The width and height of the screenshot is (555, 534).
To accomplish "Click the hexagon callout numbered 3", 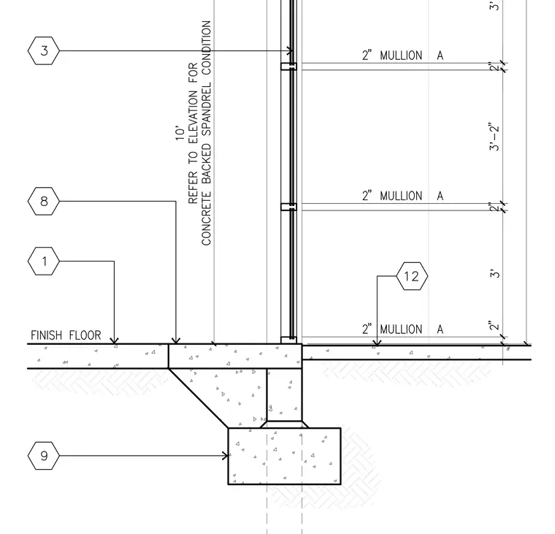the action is click(x=44, y=50).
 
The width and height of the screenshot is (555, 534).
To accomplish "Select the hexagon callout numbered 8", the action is click(x=44, y=201).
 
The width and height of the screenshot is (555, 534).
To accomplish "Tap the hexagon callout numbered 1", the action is click(x=44, y=262).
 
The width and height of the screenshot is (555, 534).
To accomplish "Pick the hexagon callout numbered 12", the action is click(x=412, y=276).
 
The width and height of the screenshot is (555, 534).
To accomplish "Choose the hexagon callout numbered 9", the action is click(x=44, y=456).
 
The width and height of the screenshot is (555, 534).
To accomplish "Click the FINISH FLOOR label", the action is click(x=66, y=335).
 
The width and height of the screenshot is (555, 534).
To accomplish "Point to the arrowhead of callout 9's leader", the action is click(x=225, y=456).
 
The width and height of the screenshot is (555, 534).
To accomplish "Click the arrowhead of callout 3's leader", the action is click(x=289, y=50).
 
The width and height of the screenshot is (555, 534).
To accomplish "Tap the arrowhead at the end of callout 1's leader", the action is click(x=114, y=340).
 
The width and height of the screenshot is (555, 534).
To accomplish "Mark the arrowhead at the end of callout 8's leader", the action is click(x=176, y=340).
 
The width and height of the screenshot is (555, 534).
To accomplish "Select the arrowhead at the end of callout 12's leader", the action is click(x=377, y=342).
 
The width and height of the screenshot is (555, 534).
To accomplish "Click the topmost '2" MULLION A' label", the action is click(x=402, y=56).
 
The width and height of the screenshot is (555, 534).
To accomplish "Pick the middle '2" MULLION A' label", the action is click(x=402, y=196).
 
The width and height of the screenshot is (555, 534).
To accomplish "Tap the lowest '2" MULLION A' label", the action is click(x=402, y=329).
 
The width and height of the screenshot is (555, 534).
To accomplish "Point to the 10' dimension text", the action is click(x=180, y=133).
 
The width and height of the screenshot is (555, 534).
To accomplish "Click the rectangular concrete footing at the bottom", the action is click(x=284, y=456).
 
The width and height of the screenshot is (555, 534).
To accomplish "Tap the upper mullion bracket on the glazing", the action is click(x=289, y=66).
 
